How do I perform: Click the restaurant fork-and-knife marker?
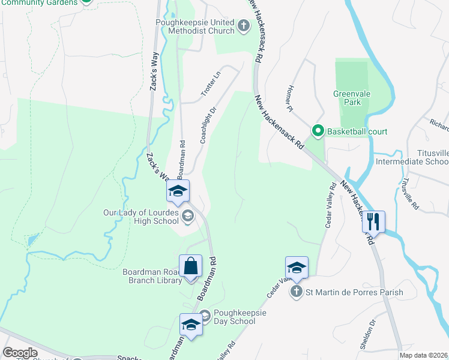click(x=373, y=222)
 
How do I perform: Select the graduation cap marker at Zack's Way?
click(x=178, y=191)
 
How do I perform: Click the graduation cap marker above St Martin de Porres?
click(x=297, y=268)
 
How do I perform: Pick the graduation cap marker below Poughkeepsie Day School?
click(x=191, y=325)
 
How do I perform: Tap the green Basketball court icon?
click(x=317, y=131)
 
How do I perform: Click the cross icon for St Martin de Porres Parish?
click(x=296, y=292)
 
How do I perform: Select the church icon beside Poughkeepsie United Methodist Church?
click(x=244, y=26)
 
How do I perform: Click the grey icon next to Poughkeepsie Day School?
click(x=204, y=314)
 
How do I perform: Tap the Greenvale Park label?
click(x=348, y=98)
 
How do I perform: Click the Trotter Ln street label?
click(x=210, y=83)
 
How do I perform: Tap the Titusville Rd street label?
click(x=410, y=189)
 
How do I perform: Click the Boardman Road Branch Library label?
click(x=152, y=276)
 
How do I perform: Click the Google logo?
click(x=20, y=353)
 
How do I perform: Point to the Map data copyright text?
click(x=424, y=355)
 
